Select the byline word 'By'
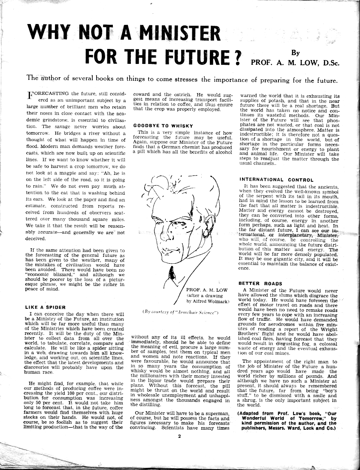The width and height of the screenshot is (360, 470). [295, 53]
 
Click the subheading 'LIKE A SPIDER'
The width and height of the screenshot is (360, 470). [45, 307]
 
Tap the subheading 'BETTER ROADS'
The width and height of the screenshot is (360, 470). [260, 284]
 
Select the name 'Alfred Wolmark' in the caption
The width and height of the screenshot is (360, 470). [208, 301]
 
